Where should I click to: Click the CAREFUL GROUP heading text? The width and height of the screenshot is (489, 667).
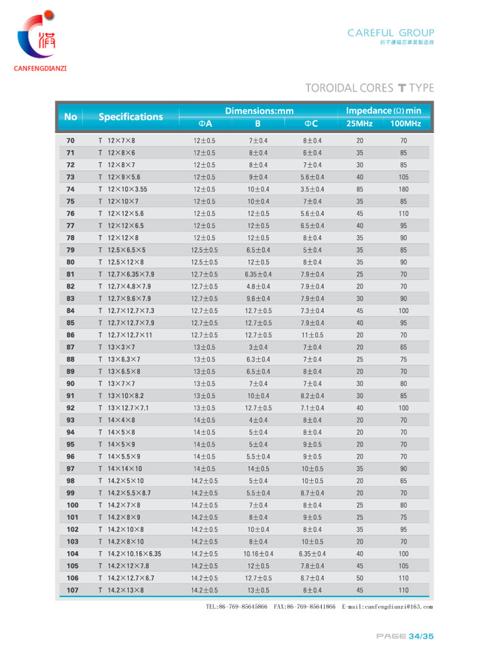pyautogui.click(x=391, y=33)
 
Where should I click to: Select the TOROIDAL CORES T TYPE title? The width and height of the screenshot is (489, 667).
pyautogui.click(x=369, y=88)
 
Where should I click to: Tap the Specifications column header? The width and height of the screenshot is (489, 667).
pyautogui.click(x=130, y=117)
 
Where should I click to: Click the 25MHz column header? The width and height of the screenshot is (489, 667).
pyautogui.click(x=359, y=123)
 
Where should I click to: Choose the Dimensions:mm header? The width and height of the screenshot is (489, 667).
pyautogui.click(x=259, y=110)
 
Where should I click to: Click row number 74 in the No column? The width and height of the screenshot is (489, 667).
pyautogui.click(x=71, y=189)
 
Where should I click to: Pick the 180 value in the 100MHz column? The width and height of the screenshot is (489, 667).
pyautogui.click(x=403, y=189)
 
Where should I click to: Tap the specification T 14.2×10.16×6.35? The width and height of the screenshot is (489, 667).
pyautogui.click(x=130, y=554)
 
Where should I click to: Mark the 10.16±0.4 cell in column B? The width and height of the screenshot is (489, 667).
pyautogui.click(x=258, y=554)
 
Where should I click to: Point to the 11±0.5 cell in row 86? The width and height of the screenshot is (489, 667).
pyautogui.click(x=312, y=335)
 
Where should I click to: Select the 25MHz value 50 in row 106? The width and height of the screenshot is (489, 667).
pyautogui.click(x=359, y=578)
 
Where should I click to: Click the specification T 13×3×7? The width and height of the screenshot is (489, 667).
pyautogui.click(x=117, y=347)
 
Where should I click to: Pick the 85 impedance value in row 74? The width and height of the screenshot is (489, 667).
pyautogui.click(x=359, y=189)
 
